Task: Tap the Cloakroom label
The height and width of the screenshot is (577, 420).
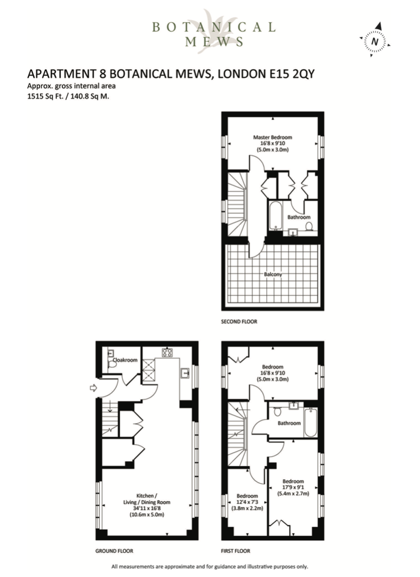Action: (125, 360)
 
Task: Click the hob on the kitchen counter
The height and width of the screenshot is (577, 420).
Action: (167, 352)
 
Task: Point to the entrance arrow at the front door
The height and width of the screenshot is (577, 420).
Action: (93, 387)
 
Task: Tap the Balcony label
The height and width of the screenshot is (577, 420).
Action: (273, 274)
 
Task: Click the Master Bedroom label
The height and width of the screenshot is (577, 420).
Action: (273, 137)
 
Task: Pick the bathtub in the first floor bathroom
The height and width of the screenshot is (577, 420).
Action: (310, 422)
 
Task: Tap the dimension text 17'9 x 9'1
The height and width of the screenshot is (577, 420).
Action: (293, 487)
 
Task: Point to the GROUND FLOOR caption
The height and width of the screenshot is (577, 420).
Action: (114, 551)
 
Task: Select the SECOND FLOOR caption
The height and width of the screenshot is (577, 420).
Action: (239, 322)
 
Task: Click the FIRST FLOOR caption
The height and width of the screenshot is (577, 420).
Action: (236, 551)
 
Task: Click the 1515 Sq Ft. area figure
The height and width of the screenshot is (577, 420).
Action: (45, 96)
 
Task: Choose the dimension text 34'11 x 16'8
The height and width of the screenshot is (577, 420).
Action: (147, 508)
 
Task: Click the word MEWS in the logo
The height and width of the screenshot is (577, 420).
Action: (214, 41)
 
